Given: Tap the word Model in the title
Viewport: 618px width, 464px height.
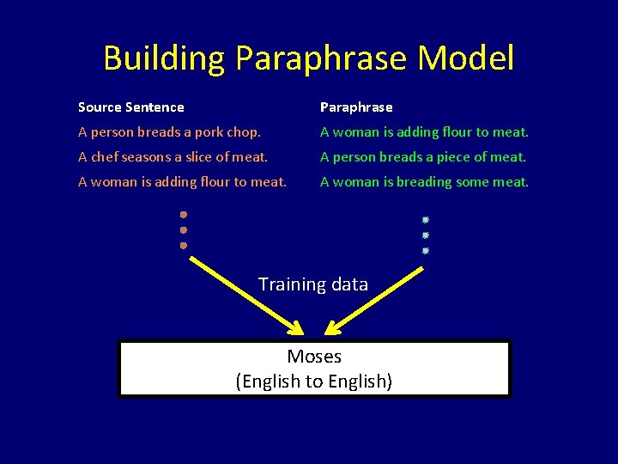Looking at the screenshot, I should pos(466,58).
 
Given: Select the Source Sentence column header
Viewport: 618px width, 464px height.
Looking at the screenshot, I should pos(130,107).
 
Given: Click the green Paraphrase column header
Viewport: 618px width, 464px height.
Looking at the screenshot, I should pos(356,107).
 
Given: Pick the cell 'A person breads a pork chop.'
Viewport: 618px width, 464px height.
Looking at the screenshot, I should pos(170,132).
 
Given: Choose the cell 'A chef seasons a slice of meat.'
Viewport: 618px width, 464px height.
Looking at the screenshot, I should pos(173,157).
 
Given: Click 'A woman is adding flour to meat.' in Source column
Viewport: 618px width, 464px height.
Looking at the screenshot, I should pos(182,182).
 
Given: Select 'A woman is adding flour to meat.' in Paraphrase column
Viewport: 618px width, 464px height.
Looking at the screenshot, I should pos(424,132).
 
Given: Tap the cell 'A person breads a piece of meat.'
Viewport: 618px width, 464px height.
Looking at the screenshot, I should pos(423,157).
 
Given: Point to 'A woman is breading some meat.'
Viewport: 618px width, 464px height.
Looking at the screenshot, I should pos(424,182).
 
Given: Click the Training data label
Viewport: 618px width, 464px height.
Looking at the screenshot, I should pos(313,284).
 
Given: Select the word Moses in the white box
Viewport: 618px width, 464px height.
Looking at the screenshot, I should pos(314,357).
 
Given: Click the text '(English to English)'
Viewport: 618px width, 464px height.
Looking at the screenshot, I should pos(314,382).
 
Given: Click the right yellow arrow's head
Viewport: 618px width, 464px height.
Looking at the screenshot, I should pos(332,328).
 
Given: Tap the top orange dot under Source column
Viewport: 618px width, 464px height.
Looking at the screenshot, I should pos(184,215).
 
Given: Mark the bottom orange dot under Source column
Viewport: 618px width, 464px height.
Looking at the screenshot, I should pos(184,246).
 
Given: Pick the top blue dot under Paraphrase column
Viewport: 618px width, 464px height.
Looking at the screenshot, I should pos(425,220).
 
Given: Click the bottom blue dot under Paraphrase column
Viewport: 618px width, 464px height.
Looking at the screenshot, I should pos(425,251).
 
